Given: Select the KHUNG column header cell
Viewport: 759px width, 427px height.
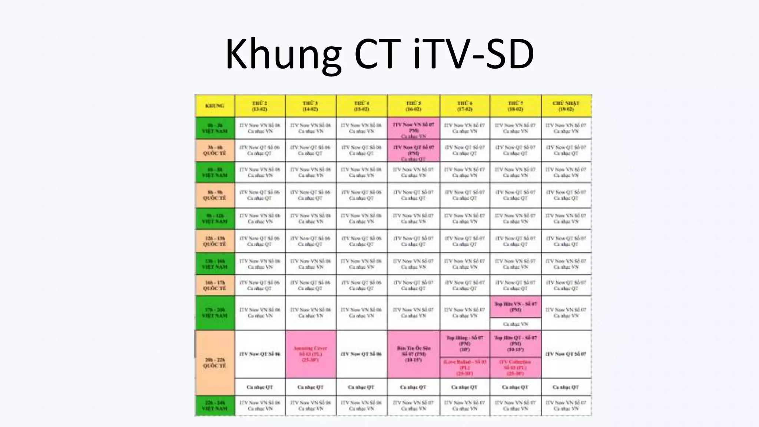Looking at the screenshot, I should [215, 106].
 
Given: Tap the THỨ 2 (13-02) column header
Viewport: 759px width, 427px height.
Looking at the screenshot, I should [260, 106].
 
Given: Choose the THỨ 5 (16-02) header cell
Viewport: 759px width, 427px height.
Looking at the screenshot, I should [414, 106].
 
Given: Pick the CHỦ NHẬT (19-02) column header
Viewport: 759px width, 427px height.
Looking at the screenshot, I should [566, 106].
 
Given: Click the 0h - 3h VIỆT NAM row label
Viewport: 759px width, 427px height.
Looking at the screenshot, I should [215, 128].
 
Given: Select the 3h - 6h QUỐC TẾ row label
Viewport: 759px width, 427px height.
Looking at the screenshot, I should [215, 150].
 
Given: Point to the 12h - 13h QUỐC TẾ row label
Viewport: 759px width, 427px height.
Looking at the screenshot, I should [215, 241].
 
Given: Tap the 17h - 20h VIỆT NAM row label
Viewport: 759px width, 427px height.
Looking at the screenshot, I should [215, 312].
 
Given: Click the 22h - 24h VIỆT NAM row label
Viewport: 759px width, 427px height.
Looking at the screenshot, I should [215, 406].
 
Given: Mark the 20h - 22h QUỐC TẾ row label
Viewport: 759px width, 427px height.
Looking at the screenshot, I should [215, 363].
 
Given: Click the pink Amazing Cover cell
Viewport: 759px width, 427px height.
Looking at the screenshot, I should [311, 354].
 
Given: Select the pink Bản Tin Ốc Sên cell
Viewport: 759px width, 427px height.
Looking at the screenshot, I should [414, 354].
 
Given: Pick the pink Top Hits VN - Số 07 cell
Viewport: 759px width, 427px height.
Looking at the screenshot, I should [515, 307].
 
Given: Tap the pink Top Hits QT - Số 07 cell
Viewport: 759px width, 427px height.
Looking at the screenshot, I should [515, 344].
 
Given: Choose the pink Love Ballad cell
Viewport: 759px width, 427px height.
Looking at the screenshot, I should [465, 367].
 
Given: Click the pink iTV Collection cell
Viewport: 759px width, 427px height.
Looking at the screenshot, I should [515, 367].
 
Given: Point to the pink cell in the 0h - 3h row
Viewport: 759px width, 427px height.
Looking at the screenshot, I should [414, 128].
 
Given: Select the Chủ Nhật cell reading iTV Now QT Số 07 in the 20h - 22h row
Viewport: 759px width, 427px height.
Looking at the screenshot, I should [566, 354].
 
